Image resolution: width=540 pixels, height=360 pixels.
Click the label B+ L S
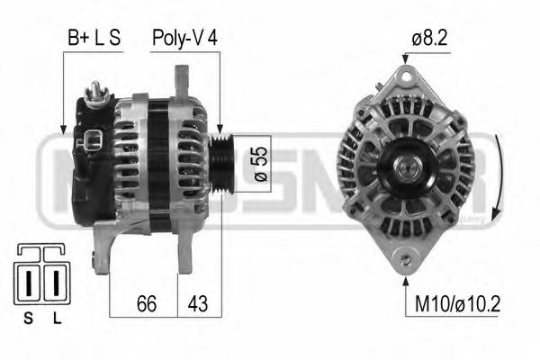[x=94, y=39]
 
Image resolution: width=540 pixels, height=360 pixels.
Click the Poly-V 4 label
[x=184, y=39]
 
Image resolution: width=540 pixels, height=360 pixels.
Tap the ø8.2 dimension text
[x=429, y=39]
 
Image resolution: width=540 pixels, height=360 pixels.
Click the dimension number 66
[x=145, y=303]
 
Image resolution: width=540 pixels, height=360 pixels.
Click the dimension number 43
[x=197, y=303]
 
